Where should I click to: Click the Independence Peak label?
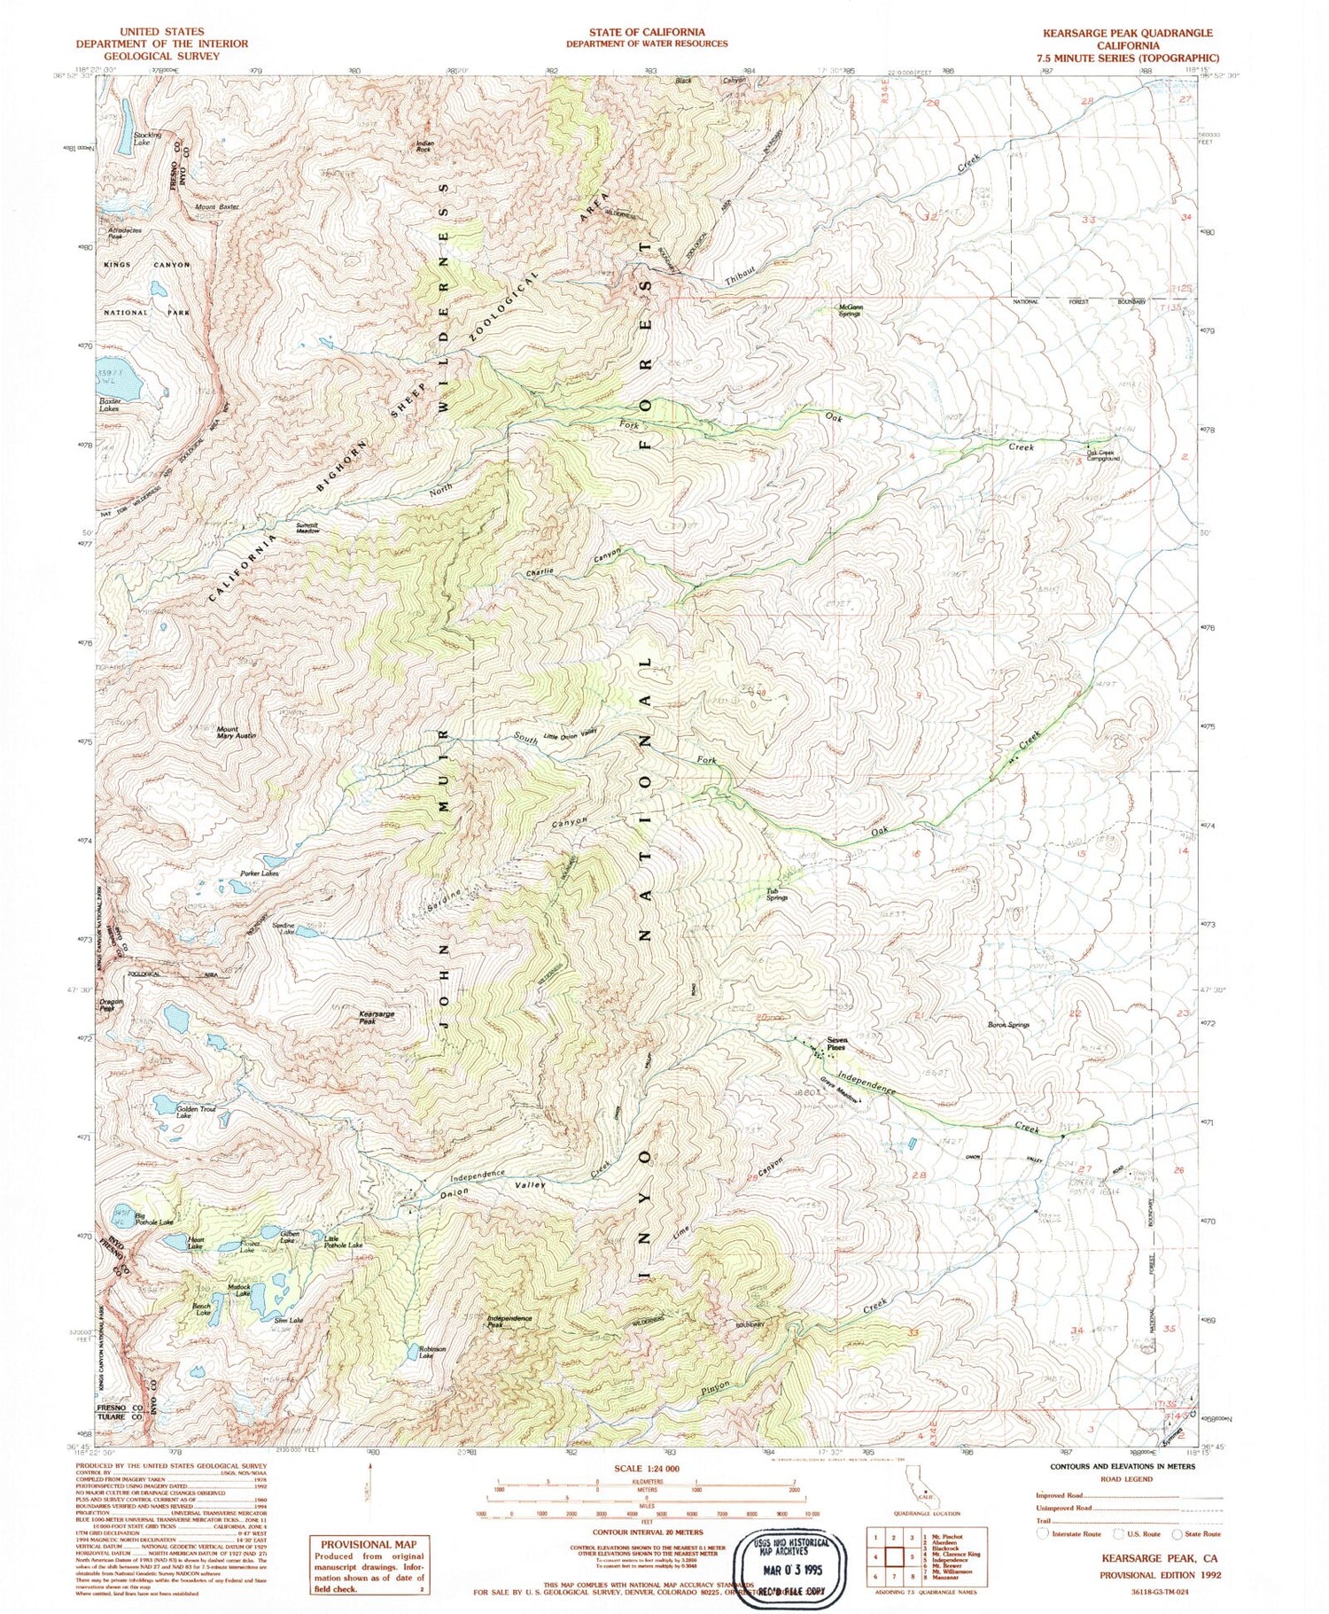(509, 1321)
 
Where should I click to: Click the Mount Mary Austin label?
(236, 733)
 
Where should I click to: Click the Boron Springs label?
(1008, 1025)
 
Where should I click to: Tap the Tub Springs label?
(777, 895)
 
